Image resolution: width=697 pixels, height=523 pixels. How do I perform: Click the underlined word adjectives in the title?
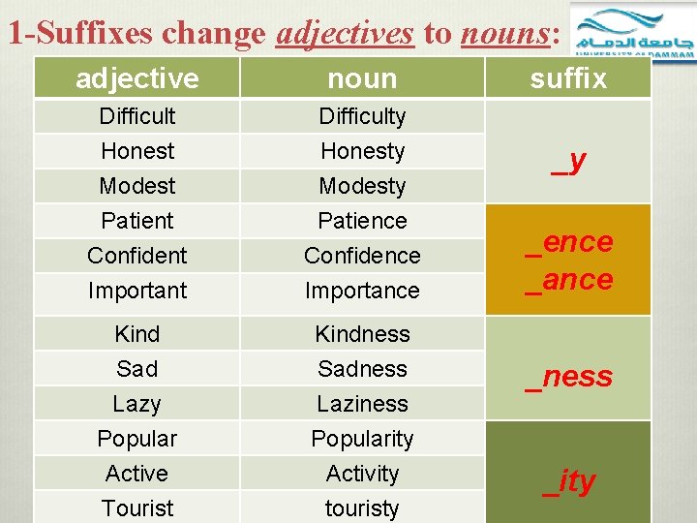click(345, 33)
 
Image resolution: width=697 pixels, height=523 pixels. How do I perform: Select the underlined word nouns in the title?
click(504, 33)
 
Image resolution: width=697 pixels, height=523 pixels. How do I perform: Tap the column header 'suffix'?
click(568, 78)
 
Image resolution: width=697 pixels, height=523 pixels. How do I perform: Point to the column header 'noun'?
click(362, 78)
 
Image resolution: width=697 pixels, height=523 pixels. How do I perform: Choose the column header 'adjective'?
click(137, 78)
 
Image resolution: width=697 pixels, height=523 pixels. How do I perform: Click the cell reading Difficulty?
click(362, 116)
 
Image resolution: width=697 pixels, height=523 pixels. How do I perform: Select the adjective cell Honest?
click(137, 151)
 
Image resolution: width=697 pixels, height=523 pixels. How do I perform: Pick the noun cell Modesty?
click(362, 186)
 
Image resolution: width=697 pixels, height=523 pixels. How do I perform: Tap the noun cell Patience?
click(362, 221)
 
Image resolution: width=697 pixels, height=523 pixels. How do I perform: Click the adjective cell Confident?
click(137, 256)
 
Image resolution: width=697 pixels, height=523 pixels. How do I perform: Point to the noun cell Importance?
click(362, 291)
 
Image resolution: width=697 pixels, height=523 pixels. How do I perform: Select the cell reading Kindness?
click(362, 334)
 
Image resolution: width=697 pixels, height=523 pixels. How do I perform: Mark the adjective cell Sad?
click(137, 369)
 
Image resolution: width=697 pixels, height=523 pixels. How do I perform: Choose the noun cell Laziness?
click(362, 404)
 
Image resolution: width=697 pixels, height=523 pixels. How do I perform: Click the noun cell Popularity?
click(362, 439)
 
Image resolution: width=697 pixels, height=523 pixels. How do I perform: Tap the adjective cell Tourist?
click(137, 508)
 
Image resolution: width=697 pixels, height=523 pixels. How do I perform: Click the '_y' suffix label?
click(569, 161)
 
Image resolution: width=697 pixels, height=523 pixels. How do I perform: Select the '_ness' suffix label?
click(569, 376)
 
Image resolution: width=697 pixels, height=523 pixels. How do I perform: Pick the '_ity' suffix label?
click(569, 481)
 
